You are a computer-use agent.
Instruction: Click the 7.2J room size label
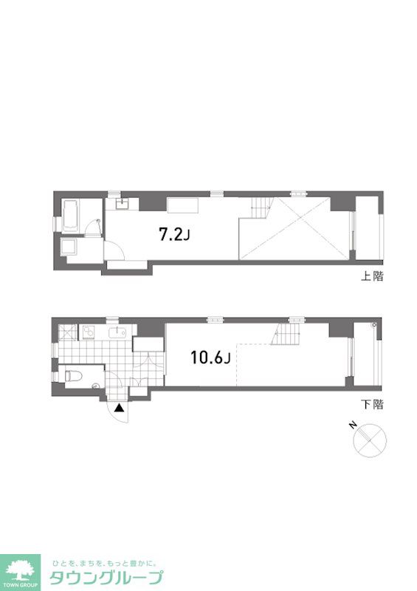[x=174, y=235]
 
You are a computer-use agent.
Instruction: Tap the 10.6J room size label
[x=210, y=358]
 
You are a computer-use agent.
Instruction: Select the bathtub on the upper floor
[x=70, y=216]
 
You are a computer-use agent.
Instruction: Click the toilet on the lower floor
[x=73, y=376]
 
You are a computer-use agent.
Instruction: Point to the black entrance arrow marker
[x=120, y=408]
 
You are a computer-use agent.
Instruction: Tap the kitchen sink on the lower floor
[x=119, y=333]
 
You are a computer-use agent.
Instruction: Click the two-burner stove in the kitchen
[x=89, y=332]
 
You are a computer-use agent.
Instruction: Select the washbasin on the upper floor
[x=122, y=204]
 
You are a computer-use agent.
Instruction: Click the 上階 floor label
[x=372, y=276]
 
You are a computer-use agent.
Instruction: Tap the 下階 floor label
[x=372, y=404]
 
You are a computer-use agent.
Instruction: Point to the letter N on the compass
[x=353, y=426]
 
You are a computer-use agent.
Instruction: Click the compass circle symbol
[x=370, y=440]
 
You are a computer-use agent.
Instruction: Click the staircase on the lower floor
[x=286, y=334]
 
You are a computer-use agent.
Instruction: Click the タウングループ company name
[x=106, y=578]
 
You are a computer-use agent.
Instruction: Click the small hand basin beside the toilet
[x=95, y=386]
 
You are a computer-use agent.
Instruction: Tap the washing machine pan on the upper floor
[x=69, y=247]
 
